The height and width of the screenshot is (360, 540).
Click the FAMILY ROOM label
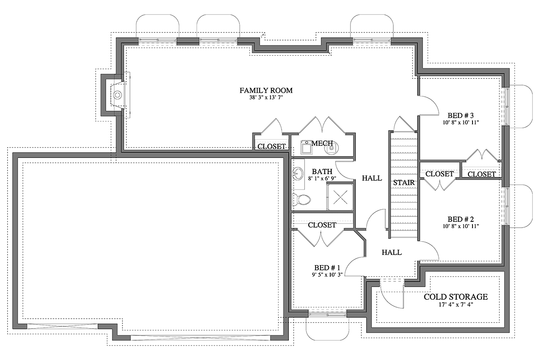click(x=266, y=90)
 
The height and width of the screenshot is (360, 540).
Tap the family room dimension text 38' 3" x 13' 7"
click(x=266, y=98)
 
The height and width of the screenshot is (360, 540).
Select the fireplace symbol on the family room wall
click(x=117, y=95)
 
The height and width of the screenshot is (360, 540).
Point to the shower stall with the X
click(x=340, y=197)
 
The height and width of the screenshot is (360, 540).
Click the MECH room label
click(x=322, y=144)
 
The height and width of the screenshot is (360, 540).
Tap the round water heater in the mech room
click(x=332, y=148)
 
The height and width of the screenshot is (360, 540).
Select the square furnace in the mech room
click(x=306, y=148)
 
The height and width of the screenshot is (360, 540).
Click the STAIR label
click(x=404, y=183)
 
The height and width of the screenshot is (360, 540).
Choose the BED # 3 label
click(x=461, y=115)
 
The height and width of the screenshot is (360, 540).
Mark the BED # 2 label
click(x=461, y=219)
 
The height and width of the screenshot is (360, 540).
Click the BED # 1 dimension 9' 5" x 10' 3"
click(x=327, y=274)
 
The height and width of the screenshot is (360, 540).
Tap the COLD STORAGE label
click(x=455, y=297)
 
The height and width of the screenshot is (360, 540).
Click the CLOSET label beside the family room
click(x=271, y=146)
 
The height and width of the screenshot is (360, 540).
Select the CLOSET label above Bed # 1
click(x=322, y=225)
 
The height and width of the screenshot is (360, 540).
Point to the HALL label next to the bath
click(x=372, y=178)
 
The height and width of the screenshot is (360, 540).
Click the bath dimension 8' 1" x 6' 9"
click(x=322, y=179)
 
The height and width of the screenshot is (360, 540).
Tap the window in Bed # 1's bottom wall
click(x=328, y=314)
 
